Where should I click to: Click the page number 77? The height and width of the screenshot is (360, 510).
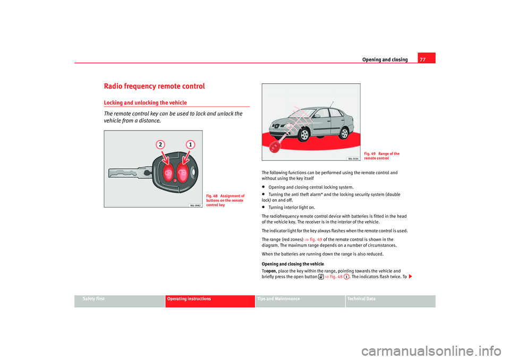point(422,59)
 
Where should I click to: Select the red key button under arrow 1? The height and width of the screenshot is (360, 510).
point(182,172)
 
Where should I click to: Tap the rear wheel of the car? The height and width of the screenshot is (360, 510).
point(345,130)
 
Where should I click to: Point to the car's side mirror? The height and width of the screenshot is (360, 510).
point(317,115)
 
